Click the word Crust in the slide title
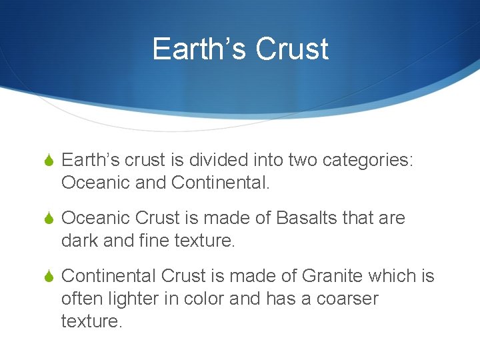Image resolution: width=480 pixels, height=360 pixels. pyautogui.click(x=292, y=49)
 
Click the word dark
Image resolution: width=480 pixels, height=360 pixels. pyautogui.click(x=81, y=241)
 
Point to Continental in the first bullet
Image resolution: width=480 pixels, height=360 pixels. pyautogui.click(x=220, y=182)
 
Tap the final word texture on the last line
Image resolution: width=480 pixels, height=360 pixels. pyautogui.click(x=91, y=322)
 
